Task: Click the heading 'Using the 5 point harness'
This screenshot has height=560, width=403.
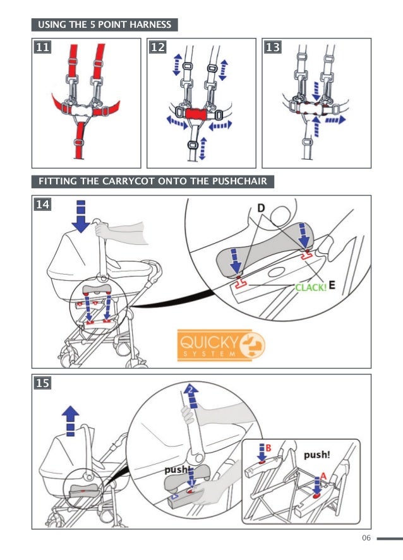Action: [x=105, y=25]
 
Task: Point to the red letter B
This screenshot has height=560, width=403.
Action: [x=268, y=448]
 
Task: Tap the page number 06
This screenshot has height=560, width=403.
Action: [x=366, y=538]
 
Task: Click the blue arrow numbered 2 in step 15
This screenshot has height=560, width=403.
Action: [x=191, y=396]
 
